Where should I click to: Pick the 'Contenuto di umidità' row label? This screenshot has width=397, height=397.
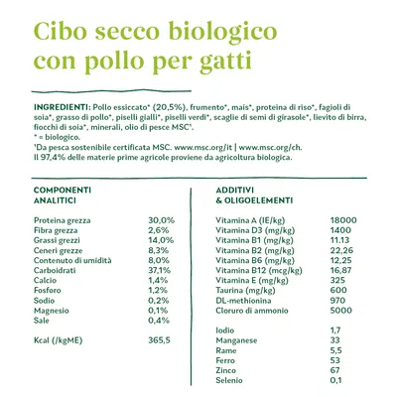click(76, 259)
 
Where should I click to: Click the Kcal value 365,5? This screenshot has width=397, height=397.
click(160, 339)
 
